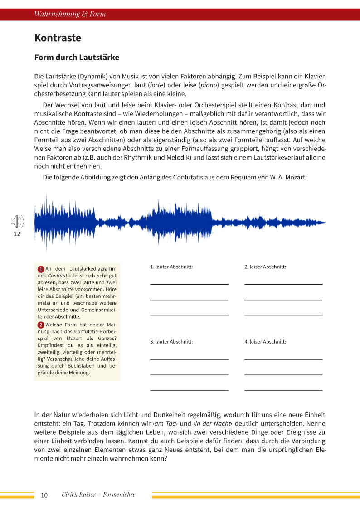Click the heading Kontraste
tap(58, 38)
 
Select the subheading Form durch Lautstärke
tap(77, 58)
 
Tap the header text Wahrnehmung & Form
tap(70, 14)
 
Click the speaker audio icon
tap(17, 222)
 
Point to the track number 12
tap(17, 234)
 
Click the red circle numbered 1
tap(41, 269)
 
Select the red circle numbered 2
tap(41, 325)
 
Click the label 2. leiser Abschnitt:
tap(265, 267)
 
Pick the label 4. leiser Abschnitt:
tap(265, 342)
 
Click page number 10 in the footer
tap(44, 495)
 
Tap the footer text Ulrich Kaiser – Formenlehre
tap(98, 494)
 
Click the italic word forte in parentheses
tap(156, 85)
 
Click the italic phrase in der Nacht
tap(210, 423)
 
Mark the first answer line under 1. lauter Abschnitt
tap(189, 284)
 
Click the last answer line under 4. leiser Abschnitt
tap(283, 390)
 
